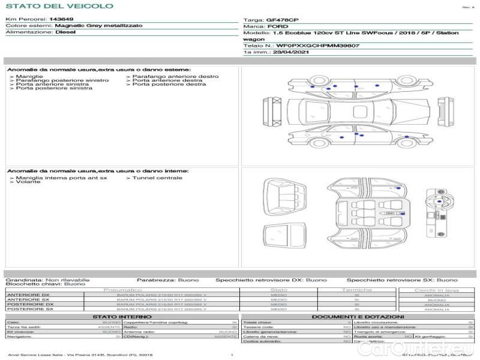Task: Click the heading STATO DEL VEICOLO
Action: coord(59,6)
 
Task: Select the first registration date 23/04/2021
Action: coord(281,52)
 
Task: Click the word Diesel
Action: coord(65,32)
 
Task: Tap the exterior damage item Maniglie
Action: coord(29,77)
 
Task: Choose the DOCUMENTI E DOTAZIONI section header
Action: coord(358,317)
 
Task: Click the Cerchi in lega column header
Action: coord(436,290)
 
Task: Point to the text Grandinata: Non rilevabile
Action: coord(47,280)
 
